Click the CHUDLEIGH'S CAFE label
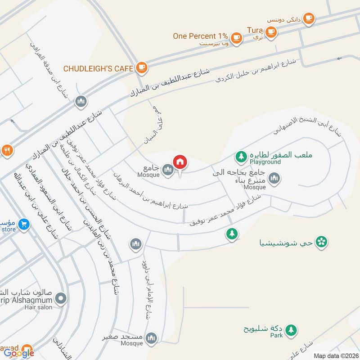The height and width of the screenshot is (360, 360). point(99,68)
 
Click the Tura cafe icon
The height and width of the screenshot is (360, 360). point(270,31)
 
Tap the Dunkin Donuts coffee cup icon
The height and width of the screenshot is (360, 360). point(308,18)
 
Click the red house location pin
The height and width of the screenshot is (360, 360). point(180,162)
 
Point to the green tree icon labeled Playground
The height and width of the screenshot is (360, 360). point(242,157)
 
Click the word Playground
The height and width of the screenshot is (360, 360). point(265,162)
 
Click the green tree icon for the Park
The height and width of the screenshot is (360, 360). point(291,330)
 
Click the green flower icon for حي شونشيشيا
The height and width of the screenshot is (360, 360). point(321,242)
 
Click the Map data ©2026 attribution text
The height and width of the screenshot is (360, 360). point(335,355)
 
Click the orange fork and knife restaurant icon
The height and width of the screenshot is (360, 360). point(6,150)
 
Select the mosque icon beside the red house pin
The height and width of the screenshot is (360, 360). point(168,170)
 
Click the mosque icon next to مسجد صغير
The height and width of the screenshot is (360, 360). point(152,337)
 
